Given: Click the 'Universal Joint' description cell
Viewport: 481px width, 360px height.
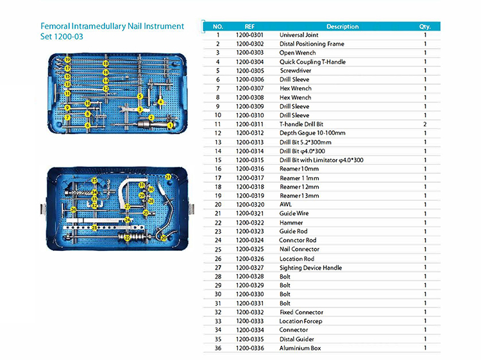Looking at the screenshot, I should [x=300, y=35].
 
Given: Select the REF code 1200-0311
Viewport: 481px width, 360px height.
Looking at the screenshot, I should [x=249, y=123].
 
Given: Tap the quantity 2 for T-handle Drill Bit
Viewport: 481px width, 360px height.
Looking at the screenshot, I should [x=425, y=123].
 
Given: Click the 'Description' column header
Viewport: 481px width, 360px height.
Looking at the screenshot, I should [x=342, y=26].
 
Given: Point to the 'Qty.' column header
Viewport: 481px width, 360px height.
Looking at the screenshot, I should [x=425, y=26].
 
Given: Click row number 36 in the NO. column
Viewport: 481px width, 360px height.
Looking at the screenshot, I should [x=218, y=348].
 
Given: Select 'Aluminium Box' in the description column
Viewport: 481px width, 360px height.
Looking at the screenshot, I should [x=300, y=348].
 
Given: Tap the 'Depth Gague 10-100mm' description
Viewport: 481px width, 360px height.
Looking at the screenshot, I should [x=312, y=132].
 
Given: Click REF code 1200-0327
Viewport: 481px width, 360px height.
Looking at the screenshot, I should [x=249, y=268].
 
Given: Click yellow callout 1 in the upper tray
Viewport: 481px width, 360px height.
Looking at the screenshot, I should [x=169, y=124].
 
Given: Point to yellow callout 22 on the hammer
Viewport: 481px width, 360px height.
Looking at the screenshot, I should [x=128, y=237].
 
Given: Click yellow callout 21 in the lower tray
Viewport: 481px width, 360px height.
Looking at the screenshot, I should [x=168, y=176].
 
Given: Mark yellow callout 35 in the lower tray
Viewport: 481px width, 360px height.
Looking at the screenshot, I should [x=94, y=181].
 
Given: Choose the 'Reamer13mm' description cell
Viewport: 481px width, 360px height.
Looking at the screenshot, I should [x=300, y=195].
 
